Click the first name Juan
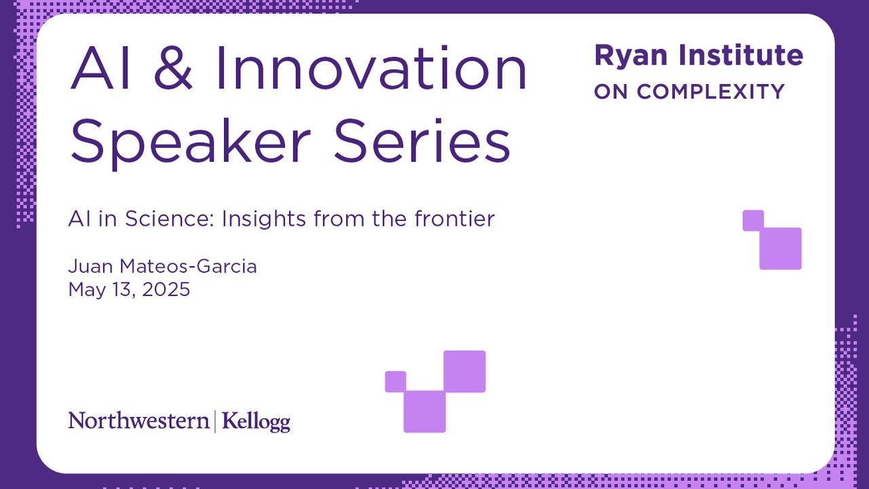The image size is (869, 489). click(x=88, y=266)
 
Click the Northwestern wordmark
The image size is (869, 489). click(x=138, y=421)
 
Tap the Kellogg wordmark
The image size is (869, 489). click(x=256, y=422)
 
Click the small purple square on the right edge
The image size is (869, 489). click(x=753, y=220)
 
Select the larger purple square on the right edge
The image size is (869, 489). click(x=781, y=249)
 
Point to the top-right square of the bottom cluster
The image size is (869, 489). click(x=464, y=372)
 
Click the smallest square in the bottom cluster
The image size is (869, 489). click(x=395, y=382)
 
